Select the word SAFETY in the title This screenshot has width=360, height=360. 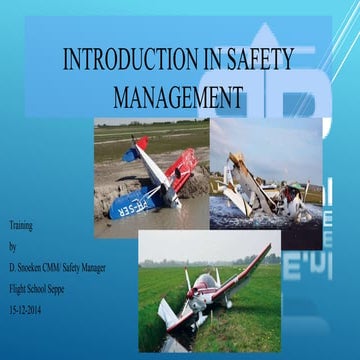coord(258,60)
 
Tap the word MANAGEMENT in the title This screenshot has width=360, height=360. coord(179,97)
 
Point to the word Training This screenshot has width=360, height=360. coord(20,225)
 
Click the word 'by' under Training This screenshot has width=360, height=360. coord(12,245)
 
